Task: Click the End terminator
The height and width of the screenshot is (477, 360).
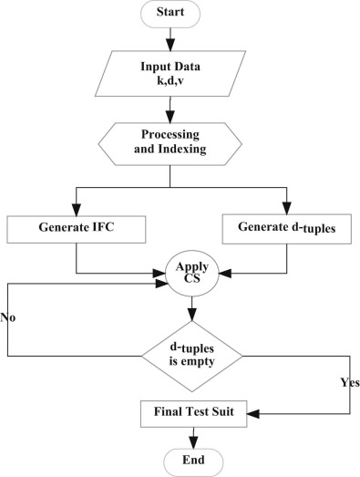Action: (x=190, y=460)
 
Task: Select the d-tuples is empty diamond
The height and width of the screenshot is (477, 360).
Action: (x=190, y=354)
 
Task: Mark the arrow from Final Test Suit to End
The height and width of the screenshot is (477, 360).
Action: (x=190, y=436)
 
